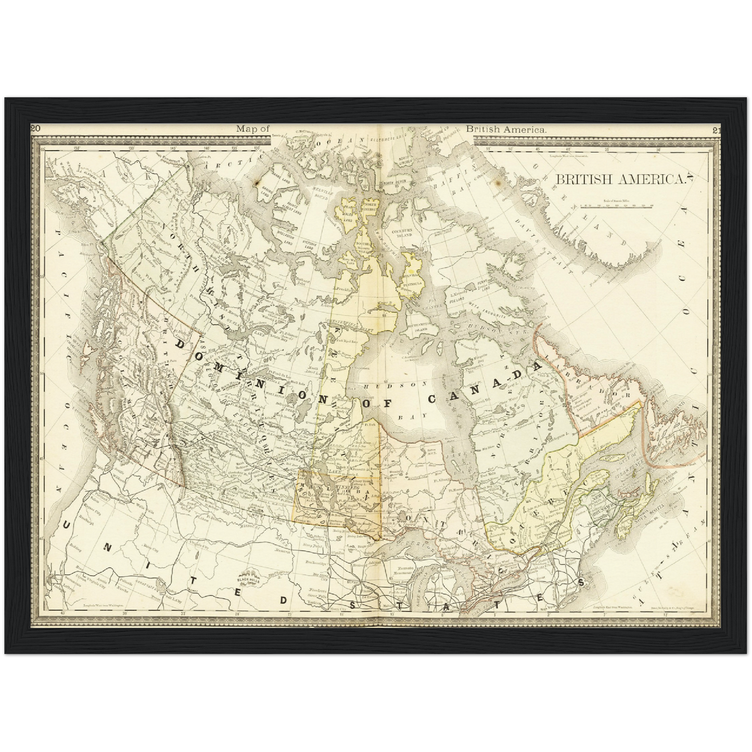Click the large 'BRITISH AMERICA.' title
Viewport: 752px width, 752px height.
pyautogui.click(x=620, y=180)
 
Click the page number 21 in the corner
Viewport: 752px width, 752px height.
pyautogui.click(x=716, y=130)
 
